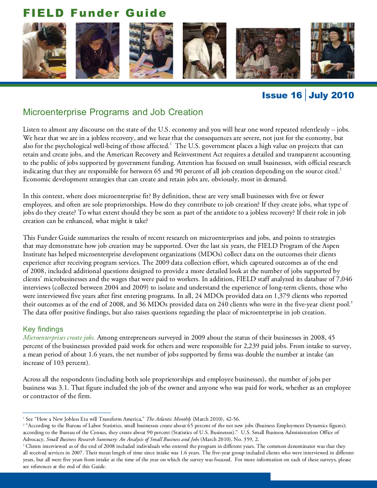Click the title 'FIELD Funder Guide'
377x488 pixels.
tap(95, 13)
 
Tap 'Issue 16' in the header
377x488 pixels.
tap(282, 95)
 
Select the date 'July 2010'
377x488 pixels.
tap(331, 95)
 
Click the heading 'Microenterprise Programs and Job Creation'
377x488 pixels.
tap(113, 112)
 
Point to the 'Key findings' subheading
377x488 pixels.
tap(43, 329)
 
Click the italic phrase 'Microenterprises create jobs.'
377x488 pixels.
tap(59, 338)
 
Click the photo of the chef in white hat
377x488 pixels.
tap(205, 51)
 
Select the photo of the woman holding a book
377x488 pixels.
tap(332, 51)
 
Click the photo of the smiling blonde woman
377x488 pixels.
tap(151, 51)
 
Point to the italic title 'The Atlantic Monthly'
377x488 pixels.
tap(169, 419)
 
